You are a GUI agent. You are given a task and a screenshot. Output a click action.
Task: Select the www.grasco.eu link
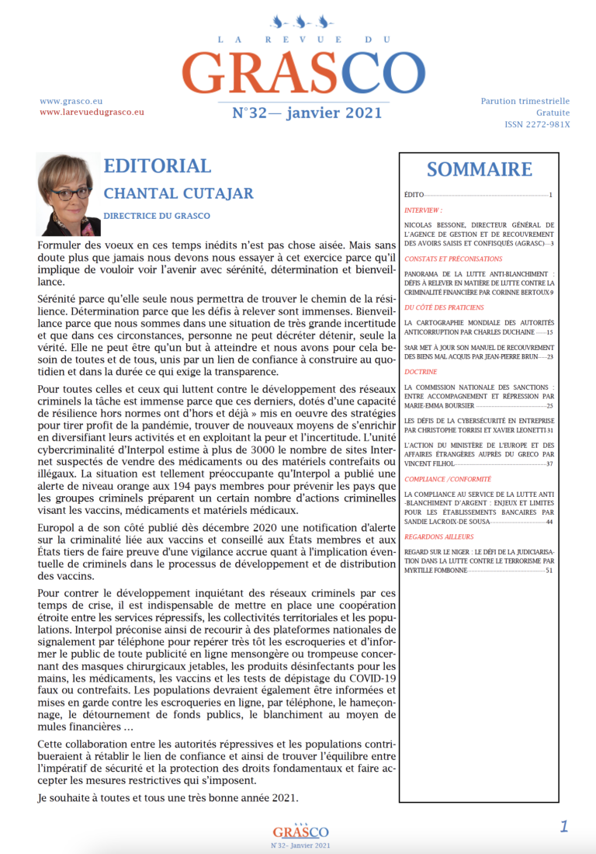(71, 101)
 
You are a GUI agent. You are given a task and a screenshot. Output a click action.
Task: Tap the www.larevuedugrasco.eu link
(92, 112)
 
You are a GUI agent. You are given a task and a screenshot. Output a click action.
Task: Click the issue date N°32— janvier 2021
(307, 113)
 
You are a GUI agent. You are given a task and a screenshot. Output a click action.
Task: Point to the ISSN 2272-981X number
(537, 124)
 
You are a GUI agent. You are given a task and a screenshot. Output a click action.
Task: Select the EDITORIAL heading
(157, 166)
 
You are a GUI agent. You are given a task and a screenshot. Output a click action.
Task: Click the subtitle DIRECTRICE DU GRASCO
(157, 215)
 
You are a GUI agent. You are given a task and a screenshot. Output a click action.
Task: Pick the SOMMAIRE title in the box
(479, 169)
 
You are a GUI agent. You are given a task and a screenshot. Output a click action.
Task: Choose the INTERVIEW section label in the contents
(424, 210)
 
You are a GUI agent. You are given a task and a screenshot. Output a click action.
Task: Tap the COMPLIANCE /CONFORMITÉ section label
(448, 480)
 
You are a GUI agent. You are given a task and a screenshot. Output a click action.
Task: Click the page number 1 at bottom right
(564, 826)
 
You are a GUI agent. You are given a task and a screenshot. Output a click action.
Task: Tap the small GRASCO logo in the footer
(300, 831)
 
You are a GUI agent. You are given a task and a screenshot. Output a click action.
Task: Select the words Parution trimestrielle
(525, 101)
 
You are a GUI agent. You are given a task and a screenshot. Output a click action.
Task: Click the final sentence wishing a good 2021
(168, 797)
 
